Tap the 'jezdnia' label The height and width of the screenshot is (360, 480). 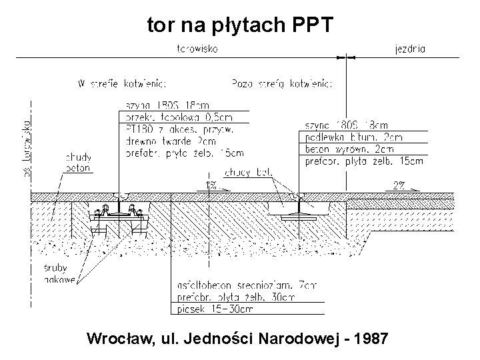pyautogui.click(x=411, y=49)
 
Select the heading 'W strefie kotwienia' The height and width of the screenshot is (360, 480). pyautogui.click(x=122, y=84)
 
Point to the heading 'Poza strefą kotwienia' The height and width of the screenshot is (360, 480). pyautogui.click(x=282, y=84)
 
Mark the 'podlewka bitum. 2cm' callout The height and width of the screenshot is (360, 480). pyautogui.click(x=353, y=137)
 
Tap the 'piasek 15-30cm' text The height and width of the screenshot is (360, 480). pyautogui.click(x=205, y=309)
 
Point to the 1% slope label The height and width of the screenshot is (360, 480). pyautogui.click(x=211, y=185)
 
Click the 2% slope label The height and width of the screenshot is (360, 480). pyautogui.click(x=399, y=185)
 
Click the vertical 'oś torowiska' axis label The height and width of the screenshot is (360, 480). pyautogui.click(x=27, y=148)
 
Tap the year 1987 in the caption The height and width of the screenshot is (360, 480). pyautogui.click(x=372, y=339)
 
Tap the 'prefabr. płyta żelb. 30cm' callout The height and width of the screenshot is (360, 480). pyautogui.click(x=234, y=297)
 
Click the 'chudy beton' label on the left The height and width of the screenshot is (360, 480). pyautogui.click(x=78, y=162)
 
